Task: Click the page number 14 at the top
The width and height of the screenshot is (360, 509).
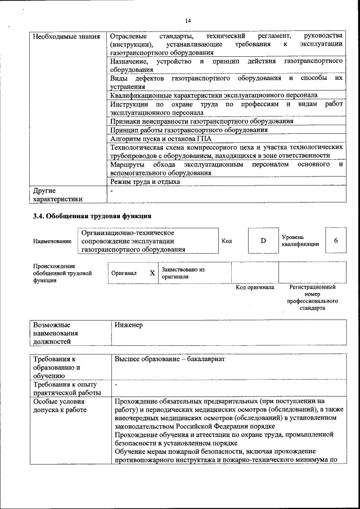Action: [x=188, y=21]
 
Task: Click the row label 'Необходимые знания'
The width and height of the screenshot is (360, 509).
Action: [x=66, y=37]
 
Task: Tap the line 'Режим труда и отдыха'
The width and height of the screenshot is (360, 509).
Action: [x=145, y=182]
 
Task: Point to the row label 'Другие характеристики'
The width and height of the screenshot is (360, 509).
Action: [x=58, y=194]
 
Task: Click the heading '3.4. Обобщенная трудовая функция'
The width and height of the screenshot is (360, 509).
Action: [x=92, y=216]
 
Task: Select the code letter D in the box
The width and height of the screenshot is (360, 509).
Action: [x=263, y=241]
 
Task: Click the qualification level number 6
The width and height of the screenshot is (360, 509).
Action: [x=336, y=241]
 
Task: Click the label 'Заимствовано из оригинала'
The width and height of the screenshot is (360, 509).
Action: [x=183, y=273]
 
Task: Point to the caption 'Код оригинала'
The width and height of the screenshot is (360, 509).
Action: [x=255, y=287]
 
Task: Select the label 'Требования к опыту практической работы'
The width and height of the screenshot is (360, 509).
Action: [x=67, y=388]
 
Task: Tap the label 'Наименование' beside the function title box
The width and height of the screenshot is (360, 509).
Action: [x=52, y=241]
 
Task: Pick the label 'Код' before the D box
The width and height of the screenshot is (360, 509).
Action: [x=227, y=241]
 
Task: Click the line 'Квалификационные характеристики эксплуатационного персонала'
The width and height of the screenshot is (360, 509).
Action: [x=214, y=95]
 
